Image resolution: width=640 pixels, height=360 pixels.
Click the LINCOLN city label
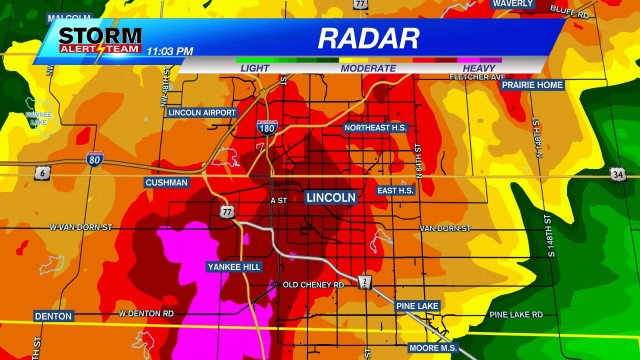330,197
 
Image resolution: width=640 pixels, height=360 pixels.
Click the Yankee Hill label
233,267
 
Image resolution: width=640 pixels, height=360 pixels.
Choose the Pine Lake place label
417,305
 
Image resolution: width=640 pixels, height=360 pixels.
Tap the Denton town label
53,316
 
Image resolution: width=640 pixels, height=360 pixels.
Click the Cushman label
166,183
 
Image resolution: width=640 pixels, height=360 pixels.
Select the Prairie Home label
531,84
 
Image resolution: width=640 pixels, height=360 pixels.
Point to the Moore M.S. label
432,347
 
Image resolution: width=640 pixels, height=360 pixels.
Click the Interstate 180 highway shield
266,127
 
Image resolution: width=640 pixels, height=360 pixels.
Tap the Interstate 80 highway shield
94,158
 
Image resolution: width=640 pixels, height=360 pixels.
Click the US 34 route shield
618,174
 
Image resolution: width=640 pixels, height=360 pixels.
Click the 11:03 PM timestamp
169,49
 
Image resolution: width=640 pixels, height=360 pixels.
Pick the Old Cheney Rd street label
313,285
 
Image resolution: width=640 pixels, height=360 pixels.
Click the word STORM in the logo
86,32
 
